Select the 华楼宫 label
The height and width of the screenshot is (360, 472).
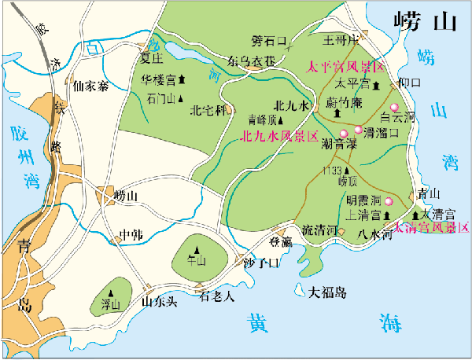pyautogui.click(x=158, y=79)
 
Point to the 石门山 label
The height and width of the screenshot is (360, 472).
pyautogui.click(x=161, y=98)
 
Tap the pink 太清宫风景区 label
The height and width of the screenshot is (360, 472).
pyautogui.click(x=431, y=228)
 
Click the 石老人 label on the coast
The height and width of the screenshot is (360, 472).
pyautogui.click(x=217, y=296)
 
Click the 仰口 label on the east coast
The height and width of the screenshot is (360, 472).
pyautogui.click(x=411, y=83)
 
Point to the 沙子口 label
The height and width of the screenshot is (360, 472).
pyautogui.click(x=261, y=263)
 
